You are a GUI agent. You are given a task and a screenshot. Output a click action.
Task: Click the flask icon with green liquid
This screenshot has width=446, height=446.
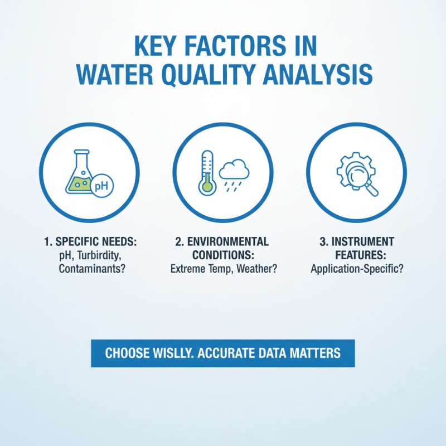pos(79,173)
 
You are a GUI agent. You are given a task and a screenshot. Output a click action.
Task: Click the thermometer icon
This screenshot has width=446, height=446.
pos(206,172)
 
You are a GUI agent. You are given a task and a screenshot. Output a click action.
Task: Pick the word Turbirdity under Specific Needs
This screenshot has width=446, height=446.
pos(98,255)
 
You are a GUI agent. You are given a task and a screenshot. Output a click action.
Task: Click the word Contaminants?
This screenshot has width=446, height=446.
pos(89,269)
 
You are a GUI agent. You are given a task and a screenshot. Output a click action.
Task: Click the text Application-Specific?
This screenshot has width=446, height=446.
pos(357,269)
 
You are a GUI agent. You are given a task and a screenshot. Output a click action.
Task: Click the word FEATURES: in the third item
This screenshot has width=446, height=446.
pos(357,255)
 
